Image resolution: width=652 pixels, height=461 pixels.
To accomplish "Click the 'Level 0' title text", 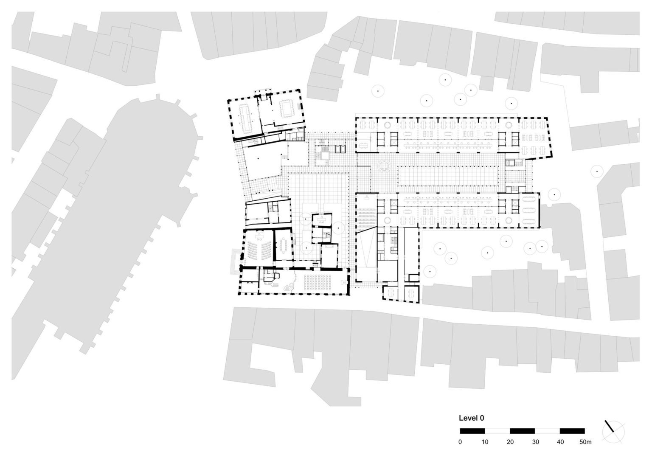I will [x=471, y=418].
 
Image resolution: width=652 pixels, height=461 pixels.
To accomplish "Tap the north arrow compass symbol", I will [x=613, y=430].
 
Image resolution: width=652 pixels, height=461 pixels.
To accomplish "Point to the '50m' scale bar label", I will [x=585, y=442].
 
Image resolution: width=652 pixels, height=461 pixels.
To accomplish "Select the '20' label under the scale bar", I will [x=510, y=442].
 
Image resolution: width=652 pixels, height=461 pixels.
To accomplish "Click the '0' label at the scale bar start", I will [x=460, y=442].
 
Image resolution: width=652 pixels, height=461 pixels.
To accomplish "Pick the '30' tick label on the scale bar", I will [x=535, y=442].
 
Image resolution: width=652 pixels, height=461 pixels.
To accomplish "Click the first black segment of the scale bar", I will [x=472, y=431].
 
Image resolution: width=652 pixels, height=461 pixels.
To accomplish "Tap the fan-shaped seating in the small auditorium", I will [x=259, y=250].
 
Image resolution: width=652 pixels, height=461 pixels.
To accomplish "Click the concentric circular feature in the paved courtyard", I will [x=385, y=166].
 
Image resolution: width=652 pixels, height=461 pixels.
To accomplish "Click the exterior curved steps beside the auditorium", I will [x=234, y=261].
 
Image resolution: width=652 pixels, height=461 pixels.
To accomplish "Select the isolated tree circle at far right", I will [x=597, y=171].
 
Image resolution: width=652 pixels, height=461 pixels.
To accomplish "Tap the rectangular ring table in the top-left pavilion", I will [x=287, y=109].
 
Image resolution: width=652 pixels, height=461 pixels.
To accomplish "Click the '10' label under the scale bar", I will [x=485, y=442].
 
